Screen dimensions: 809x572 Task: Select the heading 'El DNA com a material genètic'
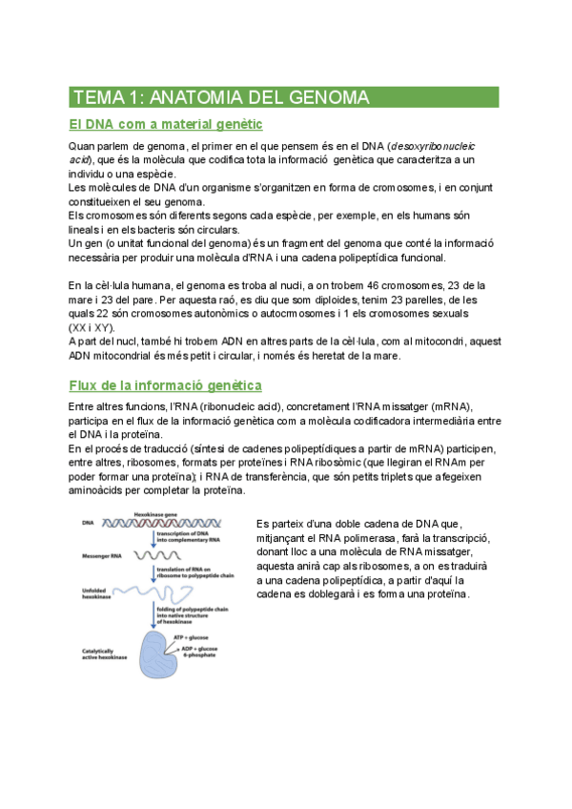pos(167,124)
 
